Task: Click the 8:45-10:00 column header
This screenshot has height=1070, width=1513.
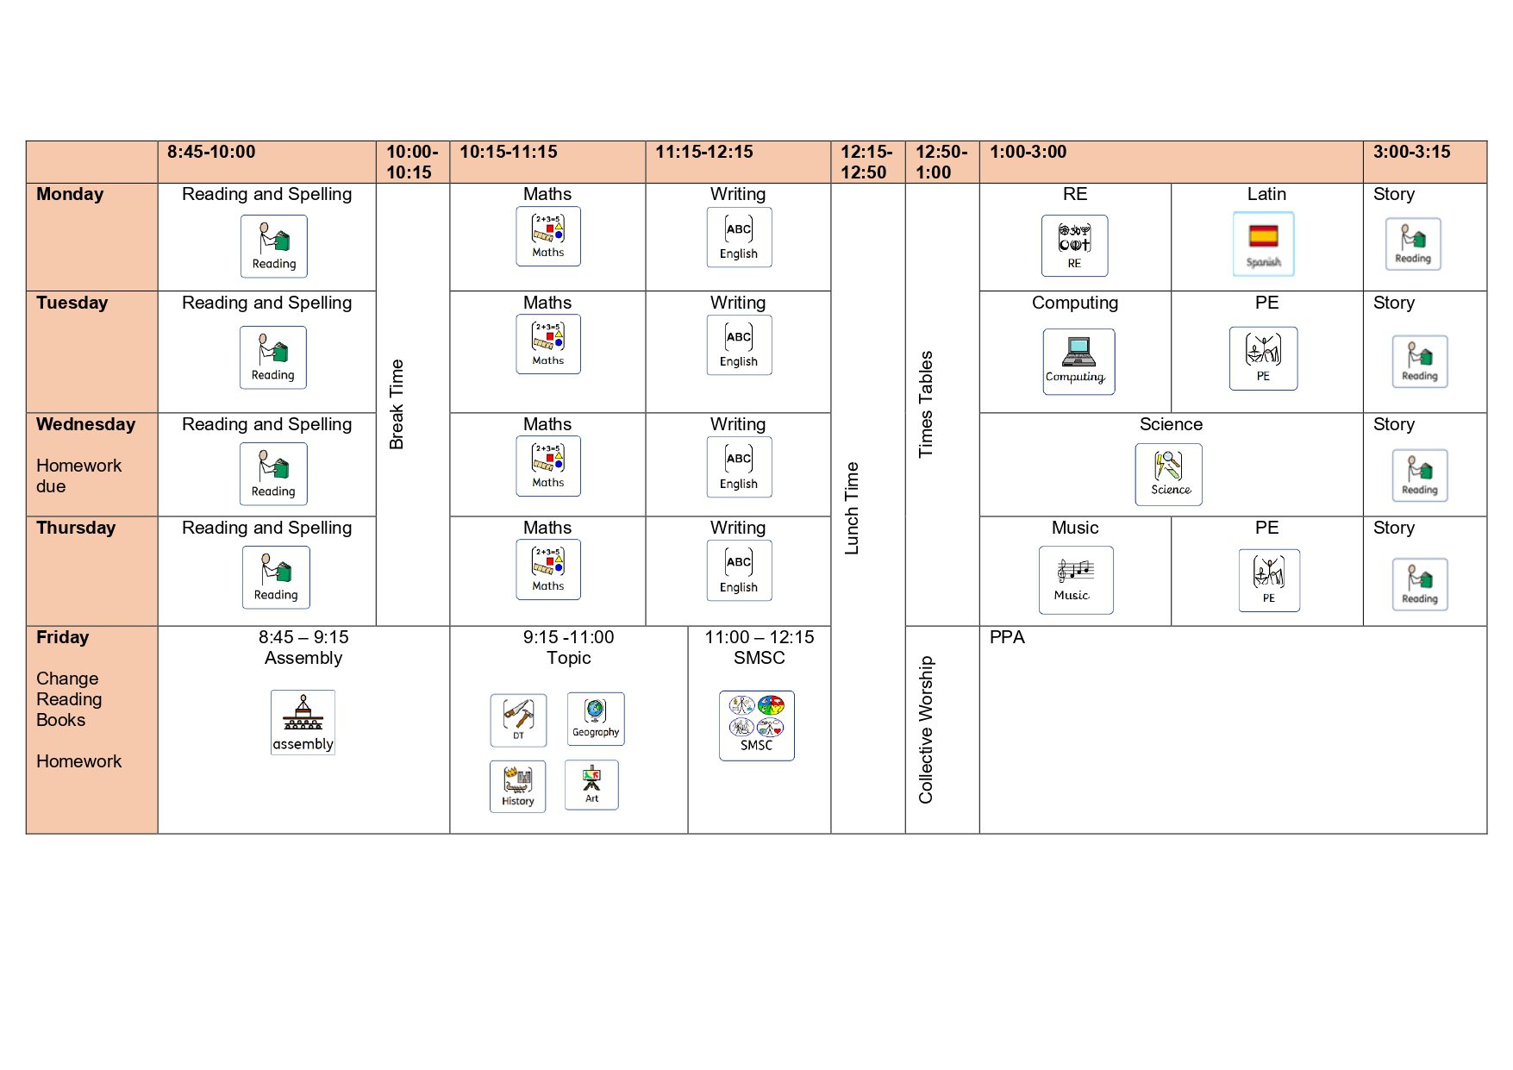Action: tap(211, 153)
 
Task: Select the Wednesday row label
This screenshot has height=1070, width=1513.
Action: tap(85, 425)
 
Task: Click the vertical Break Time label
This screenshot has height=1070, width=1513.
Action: tap(397, 404)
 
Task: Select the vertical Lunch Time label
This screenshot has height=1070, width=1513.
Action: tap(852, 508)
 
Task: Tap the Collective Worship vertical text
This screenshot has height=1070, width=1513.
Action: tap(926, 730)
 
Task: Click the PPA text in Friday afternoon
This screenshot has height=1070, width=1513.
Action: tap(1007, 638)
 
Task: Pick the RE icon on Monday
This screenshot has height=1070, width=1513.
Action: tap(1074, 246)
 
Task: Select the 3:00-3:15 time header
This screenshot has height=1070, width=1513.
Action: tap(1411, 153)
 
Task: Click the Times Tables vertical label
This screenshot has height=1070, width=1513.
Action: tap(926, 404)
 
